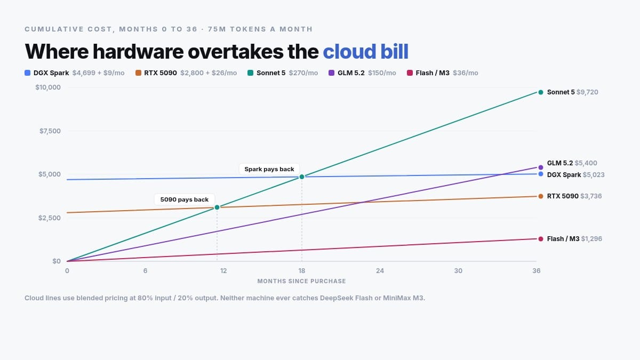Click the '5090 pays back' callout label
click(x=185, y=199)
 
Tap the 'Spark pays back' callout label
click(x=269, y=169)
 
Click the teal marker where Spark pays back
click(x=302, y=177)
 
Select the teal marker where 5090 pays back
click(x=217, y=207)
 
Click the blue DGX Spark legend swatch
click(x=27, y=73)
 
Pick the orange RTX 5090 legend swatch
click(x=138, y=73)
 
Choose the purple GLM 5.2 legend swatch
click(x=331, y=73)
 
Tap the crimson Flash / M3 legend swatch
click(x=410, y=73)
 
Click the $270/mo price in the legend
click(x=303, y=73)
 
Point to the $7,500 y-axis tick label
click(x=50, y=131)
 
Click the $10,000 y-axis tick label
click(x=48, y=87)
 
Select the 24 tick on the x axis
click(x=380, y=270)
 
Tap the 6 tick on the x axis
click(x=145, y=270)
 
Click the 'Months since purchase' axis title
click(x=301, y=281)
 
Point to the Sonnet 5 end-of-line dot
click(x=541, y=92)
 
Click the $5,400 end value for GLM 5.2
click(x=586, y=163)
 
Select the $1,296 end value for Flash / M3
click(x=591, y=239)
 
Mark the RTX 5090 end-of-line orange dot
click(x=541, y=196)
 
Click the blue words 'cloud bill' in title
click(x=365, y=52)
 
